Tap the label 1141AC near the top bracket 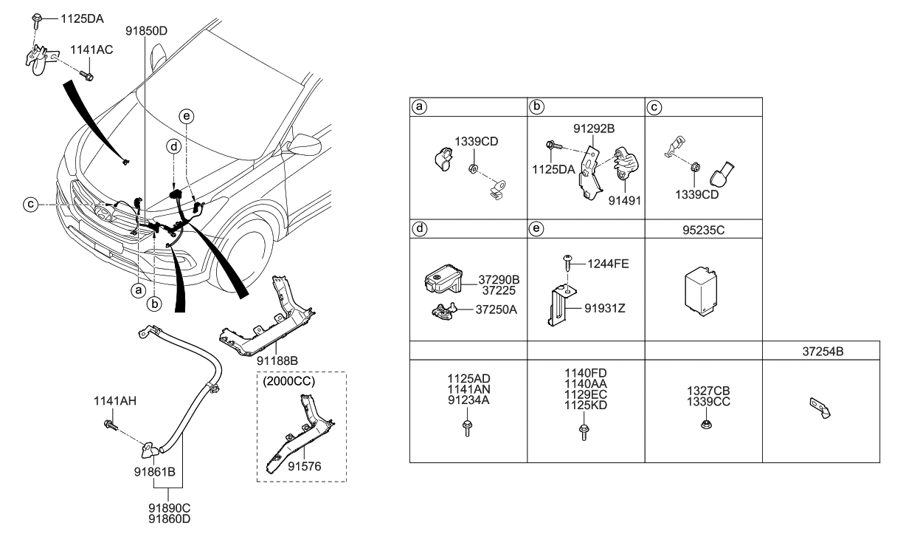coord(92,49)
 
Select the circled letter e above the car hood coord(187,116)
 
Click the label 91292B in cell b coord(595,129)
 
